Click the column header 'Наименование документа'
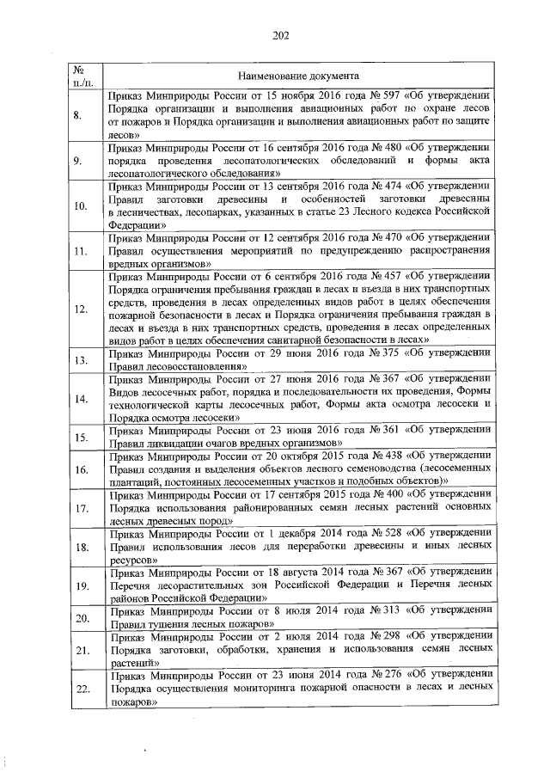298,75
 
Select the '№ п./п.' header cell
78,75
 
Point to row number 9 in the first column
78,161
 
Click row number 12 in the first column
78,309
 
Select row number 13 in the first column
78,361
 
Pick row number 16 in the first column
78,469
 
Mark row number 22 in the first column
78,689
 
